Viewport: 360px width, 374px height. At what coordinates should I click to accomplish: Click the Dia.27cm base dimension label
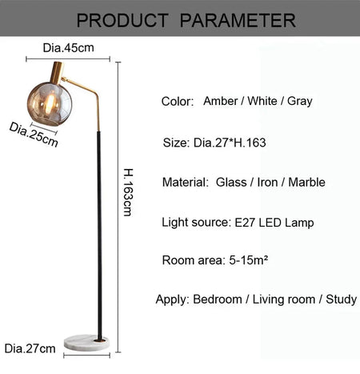pyautogui.click(x=30, y=348)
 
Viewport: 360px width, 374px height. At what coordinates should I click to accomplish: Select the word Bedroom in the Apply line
pyautogui.click(x=218, y=300)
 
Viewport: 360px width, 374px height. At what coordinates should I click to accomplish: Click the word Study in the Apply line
pyautogui.click(x=341, y=300)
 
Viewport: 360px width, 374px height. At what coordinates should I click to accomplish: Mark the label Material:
pyautogui.click(x=186, y=183)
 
